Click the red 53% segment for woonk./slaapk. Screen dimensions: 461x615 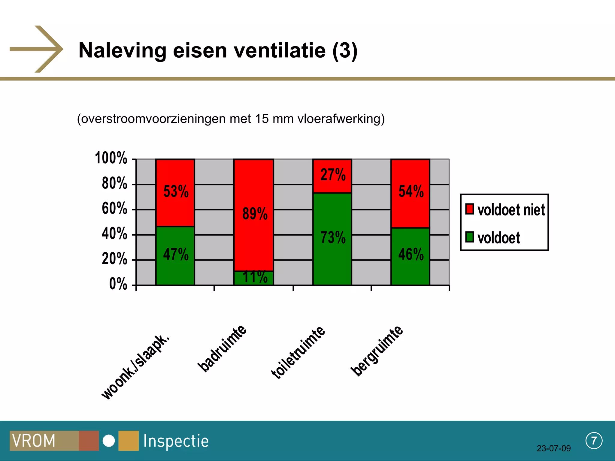pos(175,193)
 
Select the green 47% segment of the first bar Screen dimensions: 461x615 pos(175,255)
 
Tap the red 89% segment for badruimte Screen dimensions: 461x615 pos(254,215)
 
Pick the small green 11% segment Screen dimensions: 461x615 pos(254,278)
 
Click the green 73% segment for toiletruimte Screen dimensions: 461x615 pos(332,239)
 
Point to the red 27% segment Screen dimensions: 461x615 pos(332,176)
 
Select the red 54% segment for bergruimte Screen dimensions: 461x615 pos(410,193)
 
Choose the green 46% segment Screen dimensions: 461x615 pos(410,256)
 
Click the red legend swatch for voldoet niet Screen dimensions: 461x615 pos(469,209)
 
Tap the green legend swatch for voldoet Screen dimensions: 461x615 pos(469,237)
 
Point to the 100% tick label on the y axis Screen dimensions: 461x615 pos(111,158)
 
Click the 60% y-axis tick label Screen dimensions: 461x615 pos(114,209)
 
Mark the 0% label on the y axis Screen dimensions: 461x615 pos(118,284)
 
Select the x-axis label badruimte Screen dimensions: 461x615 pos(222,348)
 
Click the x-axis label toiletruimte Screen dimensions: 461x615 pos(298,352)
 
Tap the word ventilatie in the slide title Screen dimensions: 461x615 pos(280,50)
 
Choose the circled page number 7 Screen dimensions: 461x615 pos(594,441)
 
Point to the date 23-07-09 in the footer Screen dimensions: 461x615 pos(553,448)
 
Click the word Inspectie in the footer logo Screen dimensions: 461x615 pos(176,441)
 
